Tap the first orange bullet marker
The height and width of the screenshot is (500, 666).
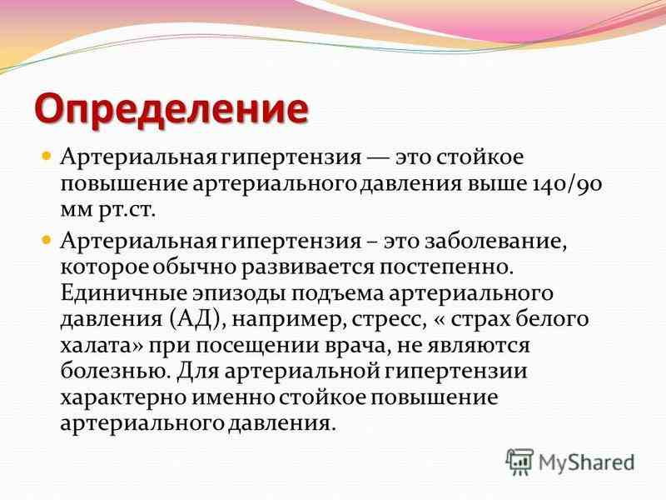tap(47, 156)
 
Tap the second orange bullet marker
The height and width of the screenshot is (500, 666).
tap(47, 240)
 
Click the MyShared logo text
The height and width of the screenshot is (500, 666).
tap(586, 461)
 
